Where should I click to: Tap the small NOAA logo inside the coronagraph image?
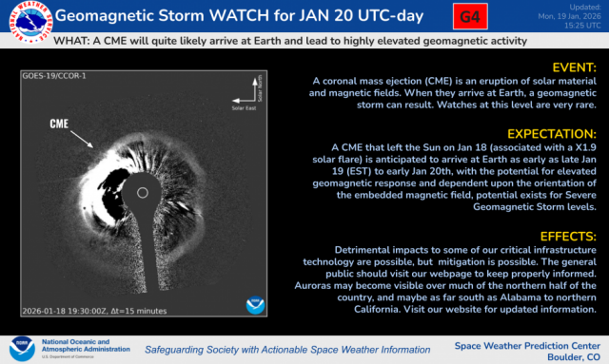[254, 305]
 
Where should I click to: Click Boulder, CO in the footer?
[567, 355]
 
